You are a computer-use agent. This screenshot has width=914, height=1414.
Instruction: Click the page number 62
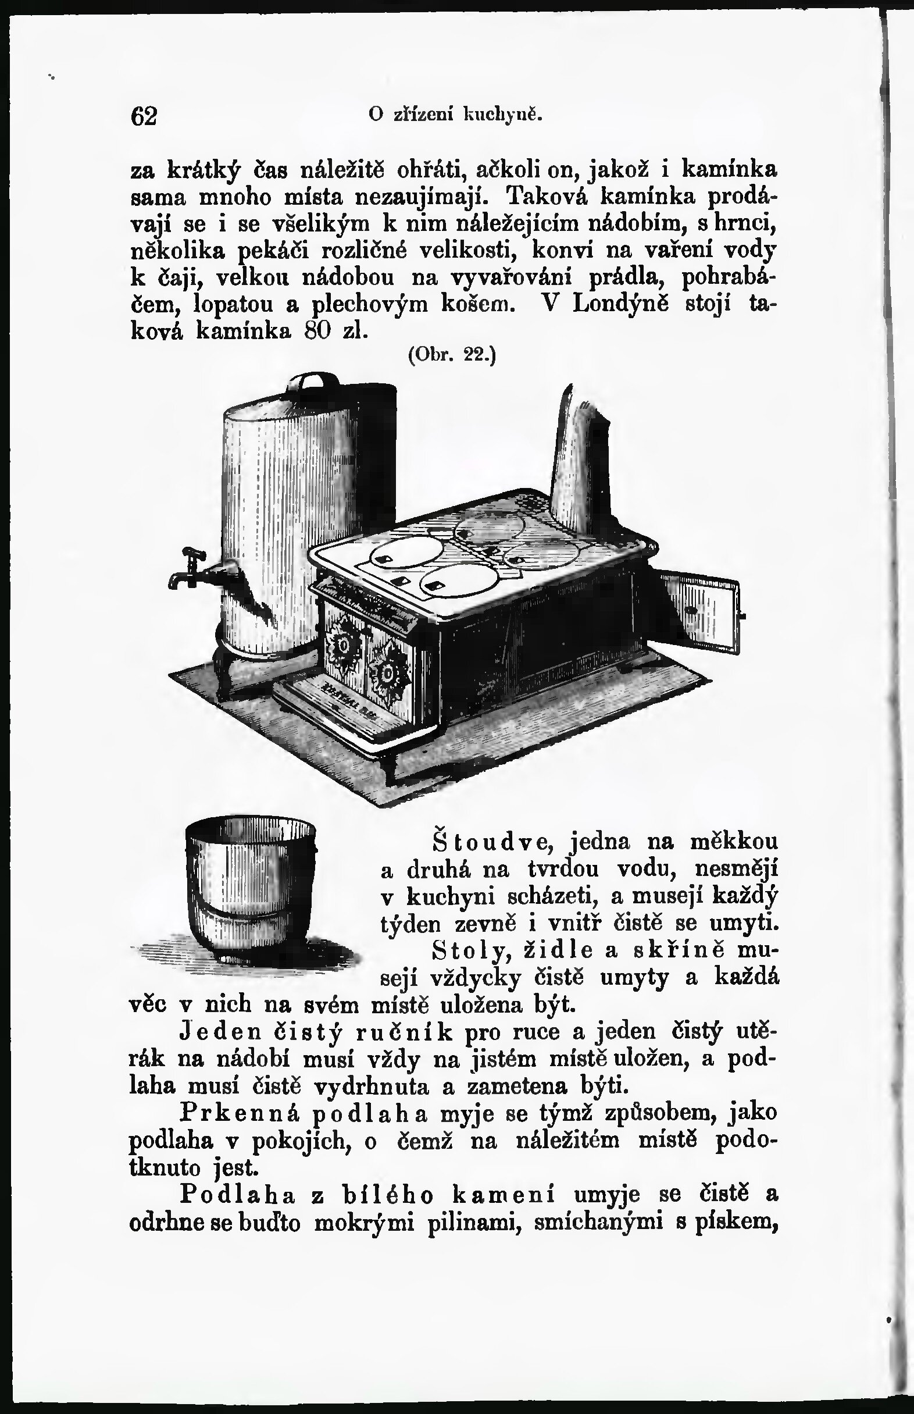coord(144,116)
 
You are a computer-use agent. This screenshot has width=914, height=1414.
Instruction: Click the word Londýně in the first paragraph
coord(621,304)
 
